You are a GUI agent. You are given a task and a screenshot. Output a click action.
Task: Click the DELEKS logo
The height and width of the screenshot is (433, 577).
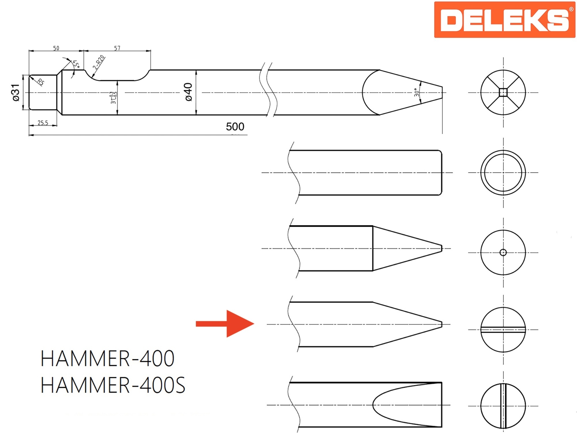tap(504, 20)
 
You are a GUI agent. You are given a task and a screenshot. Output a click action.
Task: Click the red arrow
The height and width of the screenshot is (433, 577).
tap(225, 324)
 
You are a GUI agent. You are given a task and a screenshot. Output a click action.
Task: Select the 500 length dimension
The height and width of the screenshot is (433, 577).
tap(235, 127)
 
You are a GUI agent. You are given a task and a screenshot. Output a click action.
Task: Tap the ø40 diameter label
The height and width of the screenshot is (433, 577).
tap(188, 92)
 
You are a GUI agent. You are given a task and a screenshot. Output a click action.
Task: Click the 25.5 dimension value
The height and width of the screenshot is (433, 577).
tap(43, 123)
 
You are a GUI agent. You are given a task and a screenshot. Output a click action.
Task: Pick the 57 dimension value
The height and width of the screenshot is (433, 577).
tap(117, 48)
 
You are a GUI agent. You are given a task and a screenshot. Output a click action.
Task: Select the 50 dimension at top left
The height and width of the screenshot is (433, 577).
tap(56, 48)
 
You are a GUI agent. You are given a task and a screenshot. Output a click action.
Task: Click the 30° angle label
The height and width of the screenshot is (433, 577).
tap(417, 92)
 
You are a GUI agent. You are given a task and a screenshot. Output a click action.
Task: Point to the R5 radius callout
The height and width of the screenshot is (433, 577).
tap(41, 82)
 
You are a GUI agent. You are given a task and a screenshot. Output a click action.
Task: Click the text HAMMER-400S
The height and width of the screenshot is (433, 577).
tap(113, 385)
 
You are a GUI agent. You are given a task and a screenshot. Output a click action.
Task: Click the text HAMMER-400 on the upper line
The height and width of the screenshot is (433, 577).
tap(107, 358)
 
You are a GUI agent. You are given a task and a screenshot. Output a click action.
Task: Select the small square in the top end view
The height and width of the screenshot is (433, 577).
tap(503, 93)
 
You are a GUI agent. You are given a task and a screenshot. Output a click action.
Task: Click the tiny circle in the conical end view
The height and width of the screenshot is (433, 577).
tap(503, 252)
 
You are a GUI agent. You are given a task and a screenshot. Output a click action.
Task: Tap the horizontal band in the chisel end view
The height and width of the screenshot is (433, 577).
tap(503, 329)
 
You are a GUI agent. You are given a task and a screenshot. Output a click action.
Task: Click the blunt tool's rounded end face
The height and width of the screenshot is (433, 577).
tap(441, 172)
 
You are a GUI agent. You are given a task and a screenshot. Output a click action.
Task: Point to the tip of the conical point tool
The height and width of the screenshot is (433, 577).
tap(441, 248)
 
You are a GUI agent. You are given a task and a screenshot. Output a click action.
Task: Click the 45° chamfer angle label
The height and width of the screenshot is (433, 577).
tap(76, 64)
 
